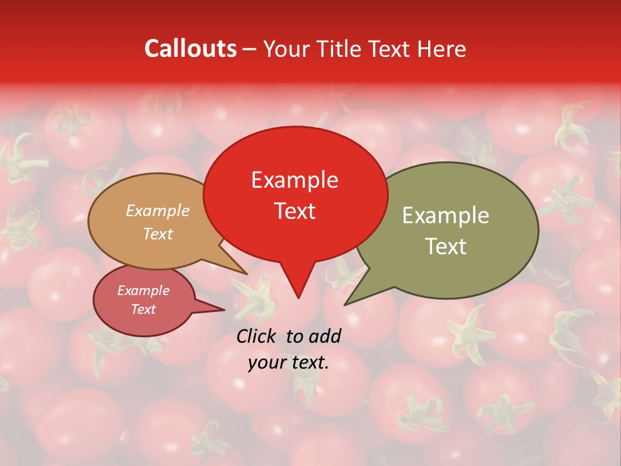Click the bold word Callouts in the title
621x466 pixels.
tap(190, 49)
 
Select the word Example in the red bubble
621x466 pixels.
tap(294, 180)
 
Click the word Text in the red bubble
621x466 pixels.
tap(294, 211)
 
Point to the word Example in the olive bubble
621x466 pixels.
tap(446, 216)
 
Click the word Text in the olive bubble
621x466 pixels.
tap(446, 247)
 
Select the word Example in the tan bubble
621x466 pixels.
tap(158, 210)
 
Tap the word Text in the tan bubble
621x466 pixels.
tap(158, 234)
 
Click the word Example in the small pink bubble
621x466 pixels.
tap(143, 291)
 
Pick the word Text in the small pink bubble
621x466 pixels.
tap(143, 309)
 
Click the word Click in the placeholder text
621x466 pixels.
tap(257, 336)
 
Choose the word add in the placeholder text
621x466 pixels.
tap(325, 336)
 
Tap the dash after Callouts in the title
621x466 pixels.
tap(250, 49)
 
